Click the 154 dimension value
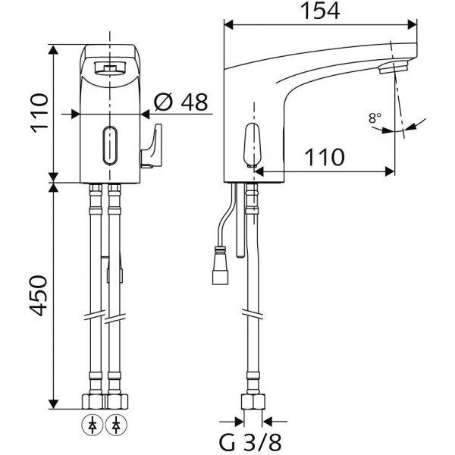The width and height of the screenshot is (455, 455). tap(320, 11)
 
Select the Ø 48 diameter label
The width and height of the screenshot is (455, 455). tap(180, 102)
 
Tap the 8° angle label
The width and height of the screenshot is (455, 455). tap(375, 118)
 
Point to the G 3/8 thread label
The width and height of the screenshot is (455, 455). tap(249, 443)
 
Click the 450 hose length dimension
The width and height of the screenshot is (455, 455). tap(39, 296)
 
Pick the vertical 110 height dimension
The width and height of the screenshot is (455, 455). tap(39, 113)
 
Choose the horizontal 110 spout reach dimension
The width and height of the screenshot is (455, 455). tap(325, 158)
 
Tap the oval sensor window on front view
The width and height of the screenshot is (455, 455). tap(110, 146)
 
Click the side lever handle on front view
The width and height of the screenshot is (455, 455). tap(151, 146)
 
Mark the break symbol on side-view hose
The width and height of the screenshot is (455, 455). tap(253, 315)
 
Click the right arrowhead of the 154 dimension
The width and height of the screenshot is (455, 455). tap(412, 24)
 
